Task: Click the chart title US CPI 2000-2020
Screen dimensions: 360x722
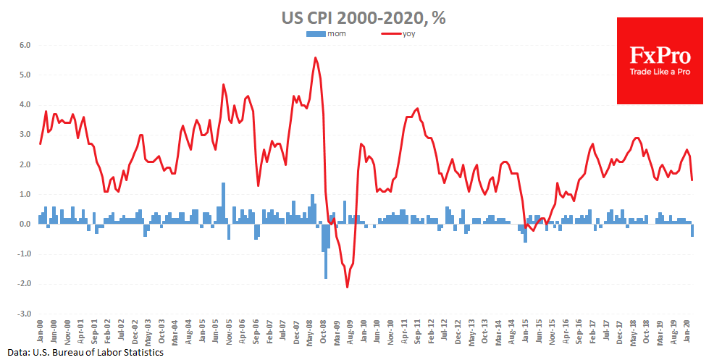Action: pos(363,17)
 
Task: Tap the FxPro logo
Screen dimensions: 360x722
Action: pos(659,61)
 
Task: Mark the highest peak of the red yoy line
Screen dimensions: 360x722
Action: pos(315,58)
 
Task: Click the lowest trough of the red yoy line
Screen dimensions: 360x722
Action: pos(348,287)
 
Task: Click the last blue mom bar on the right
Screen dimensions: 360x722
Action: pos(692,230)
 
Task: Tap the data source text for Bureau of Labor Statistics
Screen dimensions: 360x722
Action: pos(82,352)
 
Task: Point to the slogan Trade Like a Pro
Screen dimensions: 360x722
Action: pos(659,72)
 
